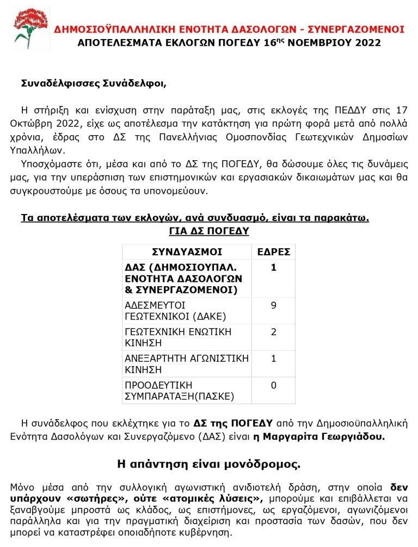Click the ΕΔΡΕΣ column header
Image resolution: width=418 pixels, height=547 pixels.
[x=273, y=252]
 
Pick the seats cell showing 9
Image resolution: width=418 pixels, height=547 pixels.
[x=273, y=305]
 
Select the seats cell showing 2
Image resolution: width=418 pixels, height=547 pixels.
[x=273, y=332]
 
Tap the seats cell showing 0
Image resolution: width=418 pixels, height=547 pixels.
[x=273, y=386]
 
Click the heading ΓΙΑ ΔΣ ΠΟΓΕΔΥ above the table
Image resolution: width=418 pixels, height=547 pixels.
[x=209, y=231]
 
